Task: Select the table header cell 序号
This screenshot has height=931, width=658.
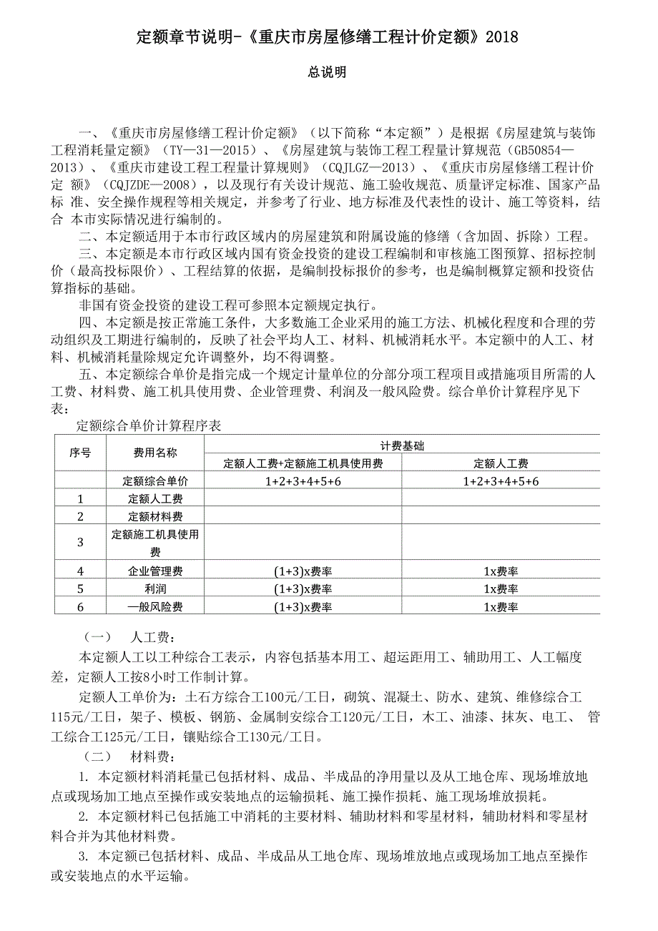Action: coord(80,453)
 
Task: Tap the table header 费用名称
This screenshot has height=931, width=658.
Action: coord(155,453)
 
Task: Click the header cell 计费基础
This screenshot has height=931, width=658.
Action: coord(402,445)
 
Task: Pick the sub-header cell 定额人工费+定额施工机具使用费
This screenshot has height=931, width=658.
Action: coord(303,463)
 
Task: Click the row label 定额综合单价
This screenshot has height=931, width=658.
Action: coord(155,481)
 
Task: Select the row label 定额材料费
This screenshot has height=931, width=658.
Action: coord(155,516)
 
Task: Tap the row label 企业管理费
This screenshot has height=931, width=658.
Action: coord(155,571)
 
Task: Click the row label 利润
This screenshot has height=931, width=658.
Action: coord(155,589)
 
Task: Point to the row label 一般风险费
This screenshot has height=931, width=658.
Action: coord(155,607)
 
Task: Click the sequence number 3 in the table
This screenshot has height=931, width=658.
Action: coord(80,543)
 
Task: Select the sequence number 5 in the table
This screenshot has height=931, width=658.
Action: coord(80,589)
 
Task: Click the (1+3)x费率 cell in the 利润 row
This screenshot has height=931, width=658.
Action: coord(303,589)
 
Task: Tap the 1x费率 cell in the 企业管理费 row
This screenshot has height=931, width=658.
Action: coord(501,571)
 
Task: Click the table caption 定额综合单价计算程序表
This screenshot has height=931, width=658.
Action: coord(149,426)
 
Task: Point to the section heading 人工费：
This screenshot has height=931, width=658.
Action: coord(153,638)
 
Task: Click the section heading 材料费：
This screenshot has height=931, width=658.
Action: coord(153,757)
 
